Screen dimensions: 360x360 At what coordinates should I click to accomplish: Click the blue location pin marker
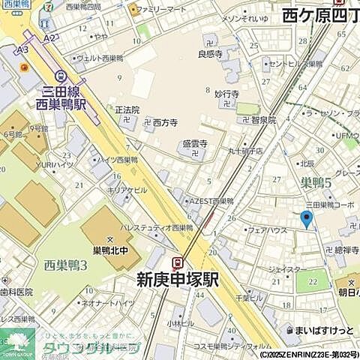305,219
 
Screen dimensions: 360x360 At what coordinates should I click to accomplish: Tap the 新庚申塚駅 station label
177,279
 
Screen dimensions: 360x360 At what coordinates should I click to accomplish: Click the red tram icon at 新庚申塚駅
178,262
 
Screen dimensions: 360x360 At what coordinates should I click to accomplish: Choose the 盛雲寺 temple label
194,145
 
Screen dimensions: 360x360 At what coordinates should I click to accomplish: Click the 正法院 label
127,109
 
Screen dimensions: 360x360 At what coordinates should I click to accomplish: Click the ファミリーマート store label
161,10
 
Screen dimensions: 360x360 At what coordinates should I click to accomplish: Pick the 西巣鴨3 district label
66,265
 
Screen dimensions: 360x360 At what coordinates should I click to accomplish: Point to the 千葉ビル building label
248,297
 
